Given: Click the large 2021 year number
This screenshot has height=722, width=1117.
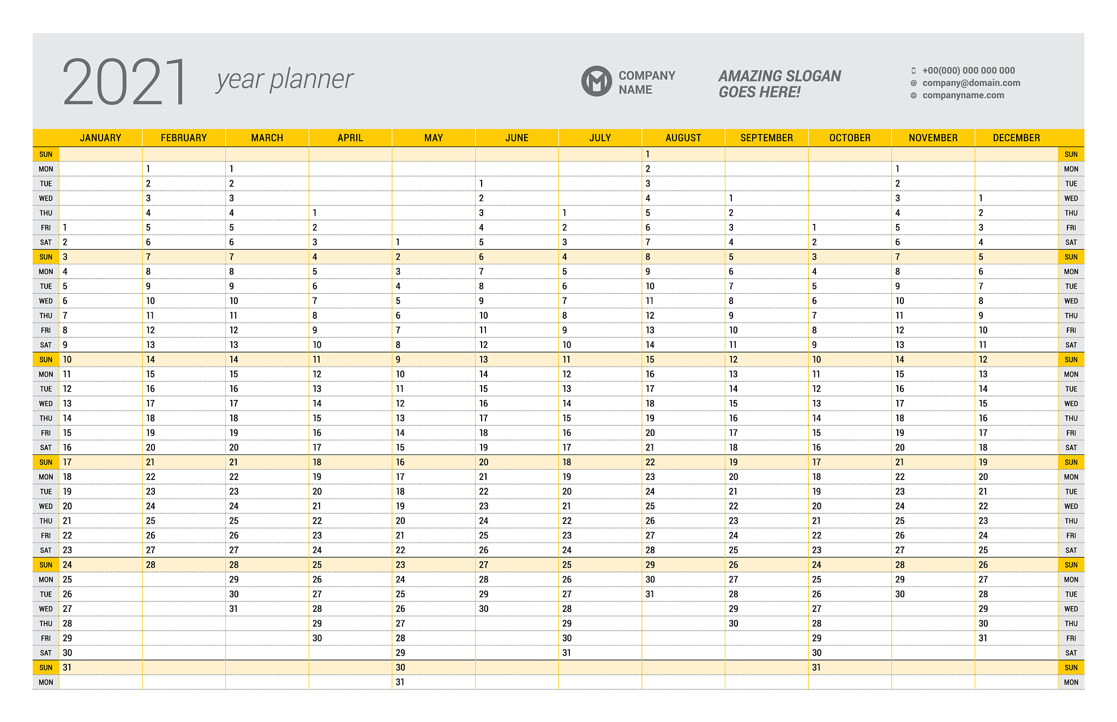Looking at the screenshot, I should point(125,82).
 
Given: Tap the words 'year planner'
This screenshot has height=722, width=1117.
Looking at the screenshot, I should point(285,80).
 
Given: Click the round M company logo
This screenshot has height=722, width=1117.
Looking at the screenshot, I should point(596,82).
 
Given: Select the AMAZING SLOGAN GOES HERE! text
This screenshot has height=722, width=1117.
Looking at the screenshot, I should point(779,84).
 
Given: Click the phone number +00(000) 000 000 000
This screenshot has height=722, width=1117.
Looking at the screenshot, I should point(968,70).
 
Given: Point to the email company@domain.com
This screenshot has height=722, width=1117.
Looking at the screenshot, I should point(971,83).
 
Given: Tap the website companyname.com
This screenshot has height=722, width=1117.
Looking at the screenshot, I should point(963,95).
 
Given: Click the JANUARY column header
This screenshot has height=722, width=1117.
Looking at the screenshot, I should point(100,138).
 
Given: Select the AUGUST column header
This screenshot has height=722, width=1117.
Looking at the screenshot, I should point(683,138).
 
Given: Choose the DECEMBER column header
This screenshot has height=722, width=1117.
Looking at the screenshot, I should point(1016,138).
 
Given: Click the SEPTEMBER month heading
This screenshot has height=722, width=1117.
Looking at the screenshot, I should point(766,138).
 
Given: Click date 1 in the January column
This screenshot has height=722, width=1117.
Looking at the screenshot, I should point(65,228).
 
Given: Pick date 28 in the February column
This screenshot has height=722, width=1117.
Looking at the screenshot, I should point(151,565).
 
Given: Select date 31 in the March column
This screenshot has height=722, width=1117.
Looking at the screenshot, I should point(233,609).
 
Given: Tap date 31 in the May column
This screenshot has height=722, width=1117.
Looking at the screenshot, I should point(400,682).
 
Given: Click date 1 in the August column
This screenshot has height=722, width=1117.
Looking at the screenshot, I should point(647,154).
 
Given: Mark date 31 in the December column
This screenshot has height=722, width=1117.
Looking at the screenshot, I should point(983,638).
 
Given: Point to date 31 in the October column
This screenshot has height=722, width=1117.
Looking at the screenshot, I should point(816,668).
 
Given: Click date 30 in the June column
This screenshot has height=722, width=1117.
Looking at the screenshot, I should point(483,609).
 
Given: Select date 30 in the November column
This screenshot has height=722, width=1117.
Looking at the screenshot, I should point(899,594).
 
